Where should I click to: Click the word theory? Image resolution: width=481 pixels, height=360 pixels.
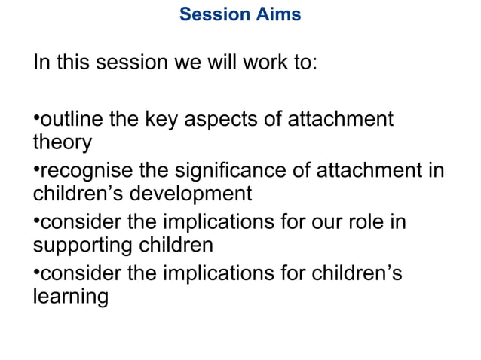click(x=62, y=142)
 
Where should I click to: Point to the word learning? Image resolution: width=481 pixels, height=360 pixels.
click(x=70, y=297)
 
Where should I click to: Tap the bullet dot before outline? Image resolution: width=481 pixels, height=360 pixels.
click(x=35, y=117)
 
